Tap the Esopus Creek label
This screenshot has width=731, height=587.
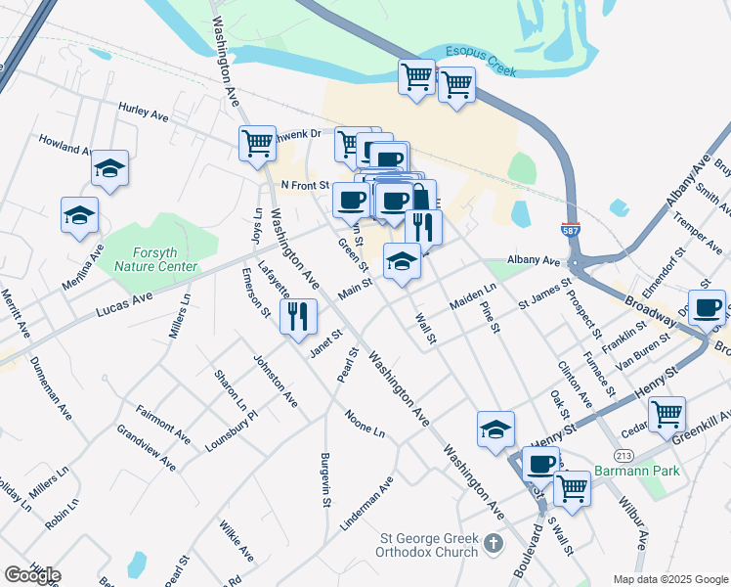480,56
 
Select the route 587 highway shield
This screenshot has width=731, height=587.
569,230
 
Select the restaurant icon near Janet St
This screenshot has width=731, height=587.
296,316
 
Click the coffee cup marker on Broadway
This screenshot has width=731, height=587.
707,306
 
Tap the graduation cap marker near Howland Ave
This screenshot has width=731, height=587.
109,169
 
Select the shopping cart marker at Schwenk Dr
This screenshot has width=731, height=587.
257,143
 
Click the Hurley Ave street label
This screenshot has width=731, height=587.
144,113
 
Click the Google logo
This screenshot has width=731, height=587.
32,574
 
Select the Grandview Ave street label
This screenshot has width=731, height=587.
146,447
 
